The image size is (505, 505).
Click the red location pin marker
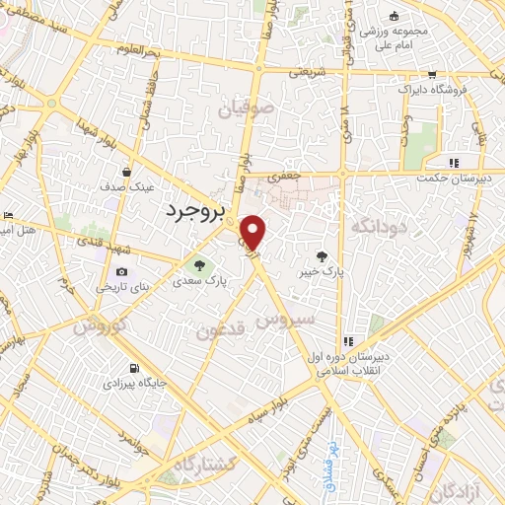coord(254,233)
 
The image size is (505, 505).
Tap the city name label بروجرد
coord(194,210)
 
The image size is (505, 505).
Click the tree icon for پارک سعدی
coord(199,265)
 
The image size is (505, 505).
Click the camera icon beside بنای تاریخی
coord(121,271)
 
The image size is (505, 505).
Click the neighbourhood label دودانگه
coord(376,227)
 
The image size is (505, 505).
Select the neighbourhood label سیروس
coord(286,320)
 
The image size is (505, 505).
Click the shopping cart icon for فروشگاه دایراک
coord(431,74)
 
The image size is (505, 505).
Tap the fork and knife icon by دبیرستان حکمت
coord(453,163)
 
